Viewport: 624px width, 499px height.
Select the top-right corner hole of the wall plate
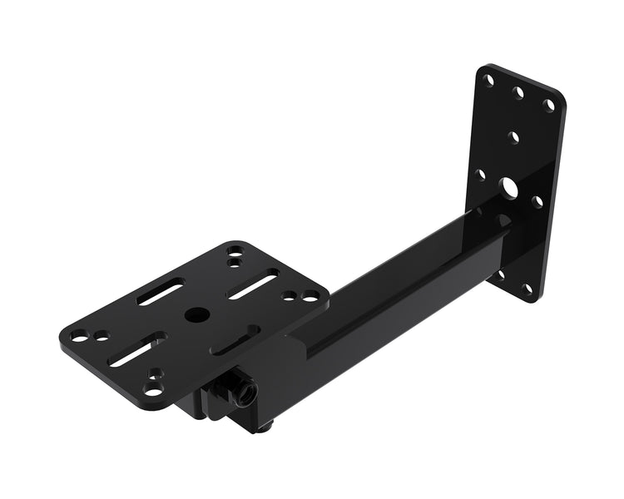coord(548,105)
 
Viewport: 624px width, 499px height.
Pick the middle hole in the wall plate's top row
coord(518,93)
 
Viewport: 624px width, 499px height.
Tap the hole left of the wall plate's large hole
coord(480,175)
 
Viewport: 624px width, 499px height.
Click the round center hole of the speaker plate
coord(197,314)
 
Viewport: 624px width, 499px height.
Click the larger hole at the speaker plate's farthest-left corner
coord(79,337)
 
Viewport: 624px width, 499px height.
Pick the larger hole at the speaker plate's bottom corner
coord(152,388)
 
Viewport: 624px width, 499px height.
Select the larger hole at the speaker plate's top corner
coord(235,249)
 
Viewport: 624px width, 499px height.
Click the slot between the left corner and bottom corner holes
coord(137,348)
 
